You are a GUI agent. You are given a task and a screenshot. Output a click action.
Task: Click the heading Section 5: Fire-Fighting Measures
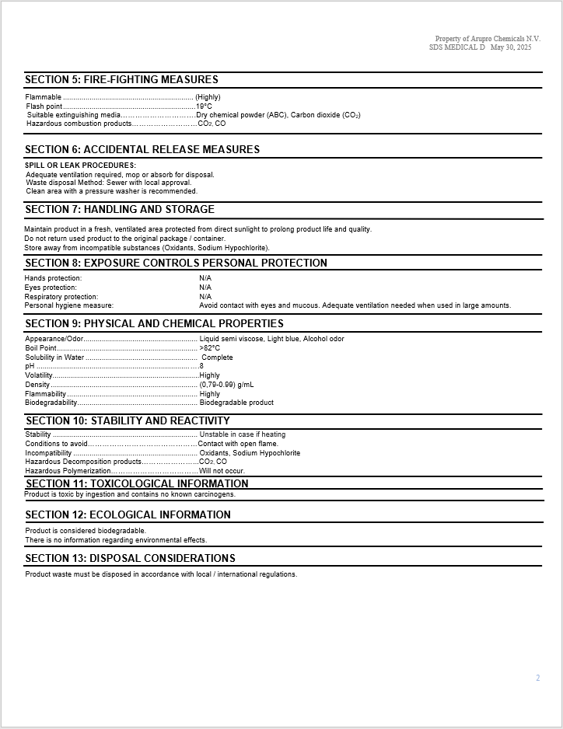pyautogui.click(x=121, y=79)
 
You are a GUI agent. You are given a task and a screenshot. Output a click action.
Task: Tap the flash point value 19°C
pyautogui.click(x=204, y=106)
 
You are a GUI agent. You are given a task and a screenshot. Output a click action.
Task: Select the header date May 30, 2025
pyautogui.click(x=511, y=47)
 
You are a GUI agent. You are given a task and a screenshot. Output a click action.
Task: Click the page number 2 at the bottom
pyautogui.click(x=537, y=678)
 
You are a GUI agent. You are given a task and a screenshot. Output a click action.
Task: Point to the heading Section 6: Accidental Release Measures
pyautogui.click(x=142, y=149)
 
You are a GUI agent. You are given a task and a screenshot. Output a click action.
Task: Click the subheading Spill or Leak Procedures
pyautogui.click(x=80, y=165)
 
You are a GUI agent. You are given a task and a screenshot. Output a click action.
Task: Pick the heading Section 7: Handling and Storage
pyautogui.click(x=120, y=209)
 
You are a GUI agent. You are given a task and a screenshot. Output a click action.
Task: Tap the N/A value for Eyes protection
pyautogui.click(x=205, y=288)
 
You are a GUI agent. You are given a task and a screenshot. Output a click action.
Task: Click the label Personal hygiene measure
pyautogui.click(x=68, y=305)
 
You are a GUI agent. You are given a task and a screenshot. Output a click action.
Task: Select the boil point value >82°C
pyautogui.click(x=210, y=348)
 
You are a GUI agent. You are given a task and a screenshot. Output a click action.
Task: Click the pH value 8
pyautogui.click(x=201, y=366)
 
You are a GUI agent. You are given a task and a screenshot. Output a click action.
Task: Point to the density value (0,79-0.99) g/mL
pyautogui.click(x=226, y=385)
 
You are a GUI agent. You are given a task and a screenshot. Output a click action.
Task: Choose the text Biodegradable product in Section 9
pyautogui.click(x=236, y=403)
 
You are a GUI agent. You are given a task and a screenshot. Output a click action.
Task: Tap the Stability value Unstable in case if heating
pyautogui.click(x=242, y=434)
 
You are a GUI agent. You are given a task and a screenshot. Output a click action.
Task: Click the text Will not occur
pyautogui.click(x=222, y=471)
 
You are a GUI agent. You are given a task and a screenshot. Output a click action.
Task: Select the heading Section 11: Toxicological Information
pyautogui.click(x=137, y=483)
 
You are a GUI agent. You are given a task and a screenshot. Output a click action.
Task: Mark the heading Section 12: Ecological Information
pyautogui.click(x=128, y=514)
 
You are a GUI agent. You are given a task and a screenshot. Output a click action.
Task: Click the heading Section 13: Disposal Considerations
pyautogui.click(x=130, y=558)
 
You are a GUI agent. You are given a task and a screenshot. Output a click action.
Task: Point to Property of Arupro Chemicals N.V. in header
pyautogui.click(x=488, y=39)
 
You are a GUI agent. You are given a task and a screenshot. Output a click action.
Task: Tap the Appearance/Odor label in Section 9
pyautogui.click(x=54, y=339)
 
